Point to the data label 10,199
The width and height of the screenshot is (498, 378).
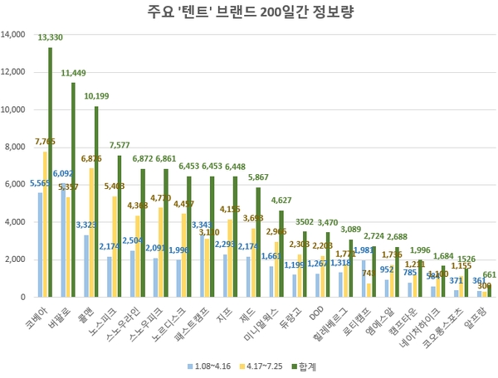coord(96,96)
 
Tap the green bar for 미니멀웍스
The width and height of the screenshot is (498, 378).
coord(281,253)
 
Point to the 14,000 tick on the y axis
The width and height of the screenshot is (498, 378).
coord(14,35)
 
